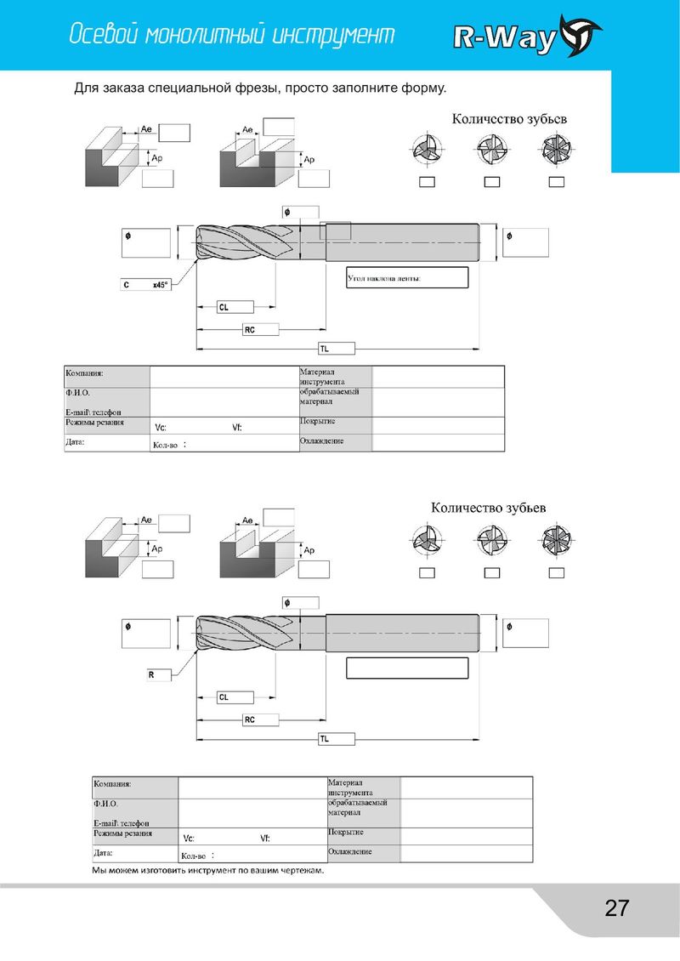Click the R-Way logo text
coord(504,38)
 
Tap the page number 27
coord(617,907)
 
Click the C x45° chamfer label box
coord(146,285)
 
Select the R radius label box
coord(158,674)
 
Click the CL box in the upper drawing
coord(235,307)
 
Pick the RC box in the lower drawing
coord(260,719)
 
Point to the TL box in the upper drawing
coord(337,349)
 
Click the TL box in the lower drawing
coord(337,739)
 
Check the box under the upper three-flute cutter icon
coord(427,182)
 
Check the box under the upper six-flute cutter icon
coord(556,182)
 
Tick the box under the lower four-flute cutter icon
coord(492,573)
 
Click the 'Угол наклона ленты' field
coord(407,277)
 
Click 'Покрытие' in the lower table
coord(345,833)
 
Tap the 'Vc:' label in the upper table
coord(161,428)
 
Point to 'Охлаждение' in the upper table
coord(321,441)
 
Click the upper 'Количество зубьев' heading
coord(509,119)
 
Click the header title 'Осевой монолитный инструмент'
coord(231,34)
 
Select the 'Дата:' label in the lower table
coord(103,852)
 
